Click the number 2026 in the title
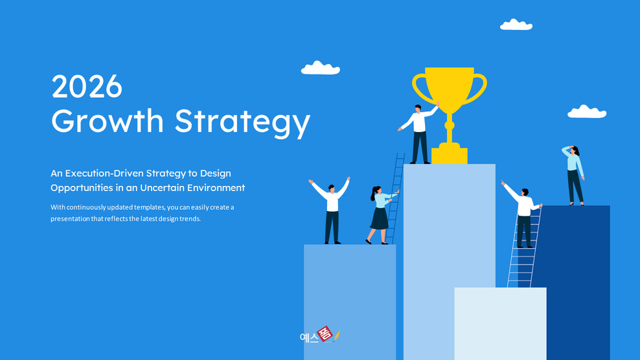[x=87, y=86]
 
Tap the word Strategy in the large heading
[x=242, y=122]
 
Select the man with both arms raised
[x=331, y=208]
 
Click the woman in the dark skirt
[x=379, y=214]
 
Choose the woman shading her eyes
[x=574, y=175]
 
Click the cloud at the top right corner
[x=516, y=25]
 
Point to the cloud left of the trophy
[x=320, y=68]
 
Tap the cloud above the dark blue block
[x=587, y=112]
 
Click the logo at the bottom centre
[x=320, y=335]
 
